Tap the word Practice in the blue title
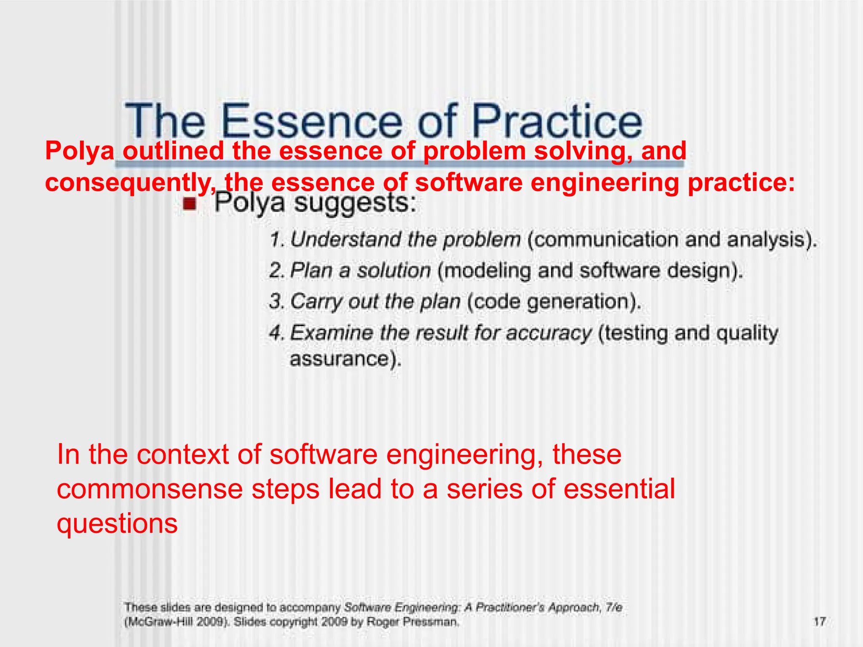pos(556,121)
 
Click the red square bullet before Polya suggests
pos(190,204)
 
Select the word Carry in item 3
pos(316,302)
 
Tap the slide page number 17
pos(819,621)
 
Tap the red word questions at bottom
pos(117,524)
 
